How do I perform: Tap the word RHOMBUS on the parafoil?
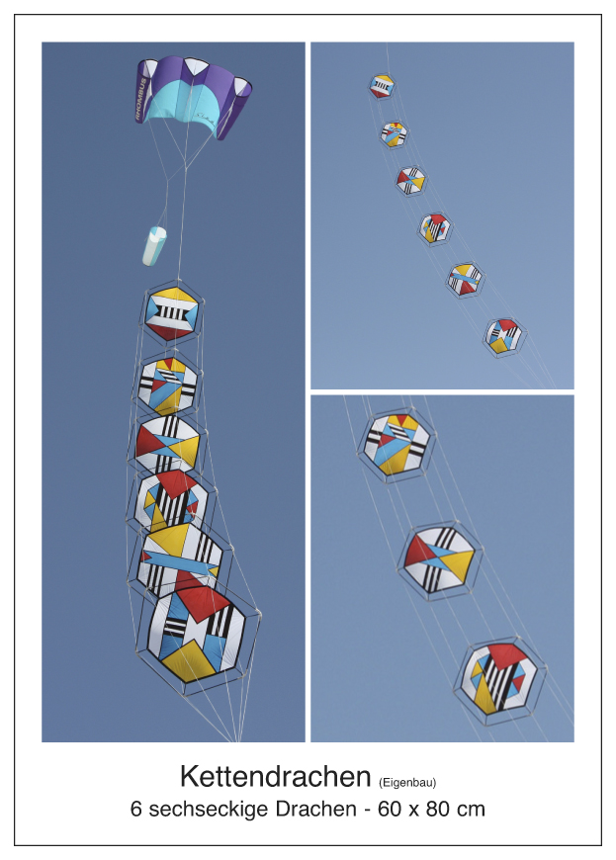tap(141, 99)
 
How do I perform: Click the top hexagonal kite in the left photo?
tap(172, 313)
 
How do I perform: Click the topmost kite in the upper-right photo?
tap(382, 86)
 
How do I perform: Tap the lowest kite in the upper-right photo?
tap(504, 336)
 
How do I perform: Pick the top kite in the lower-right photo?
tap(396, 444)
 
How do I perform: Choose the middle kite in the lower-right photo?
tap(440, 559)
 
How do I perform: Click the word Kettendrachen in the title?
tap(275, 776)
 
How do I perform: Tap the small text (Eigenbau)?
tap(407, 783)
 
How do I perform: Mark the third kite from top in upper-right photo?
tap(411, 181)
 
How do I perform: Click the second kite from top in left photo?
tap(168, 385)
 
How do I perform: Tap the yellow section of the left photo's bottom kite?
tap(191, 659)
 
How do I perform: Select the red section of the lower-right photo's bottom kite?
tap(507, 655)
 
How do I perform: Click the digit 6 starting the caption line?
tap(135, 810)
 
